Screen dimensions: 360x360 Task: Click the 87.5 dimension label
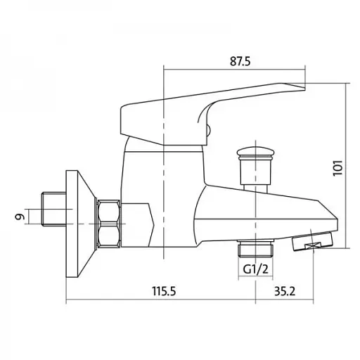(240, 61)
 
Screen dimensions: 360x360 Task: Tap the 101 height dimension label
(337, 168)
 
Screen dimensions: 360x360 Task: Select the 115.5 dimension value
(164, 291)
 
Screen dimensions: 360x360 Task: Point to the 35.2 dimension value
(285, 291)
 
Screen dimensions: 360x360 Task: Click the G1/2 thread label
(255, 269)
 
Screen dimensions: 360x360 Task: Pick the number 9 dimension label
(20, 217)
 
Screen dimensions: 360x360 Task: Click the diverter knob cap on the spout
(256, 152)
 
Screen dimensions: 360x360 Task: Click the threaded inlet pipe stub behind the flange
(53, 210)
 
